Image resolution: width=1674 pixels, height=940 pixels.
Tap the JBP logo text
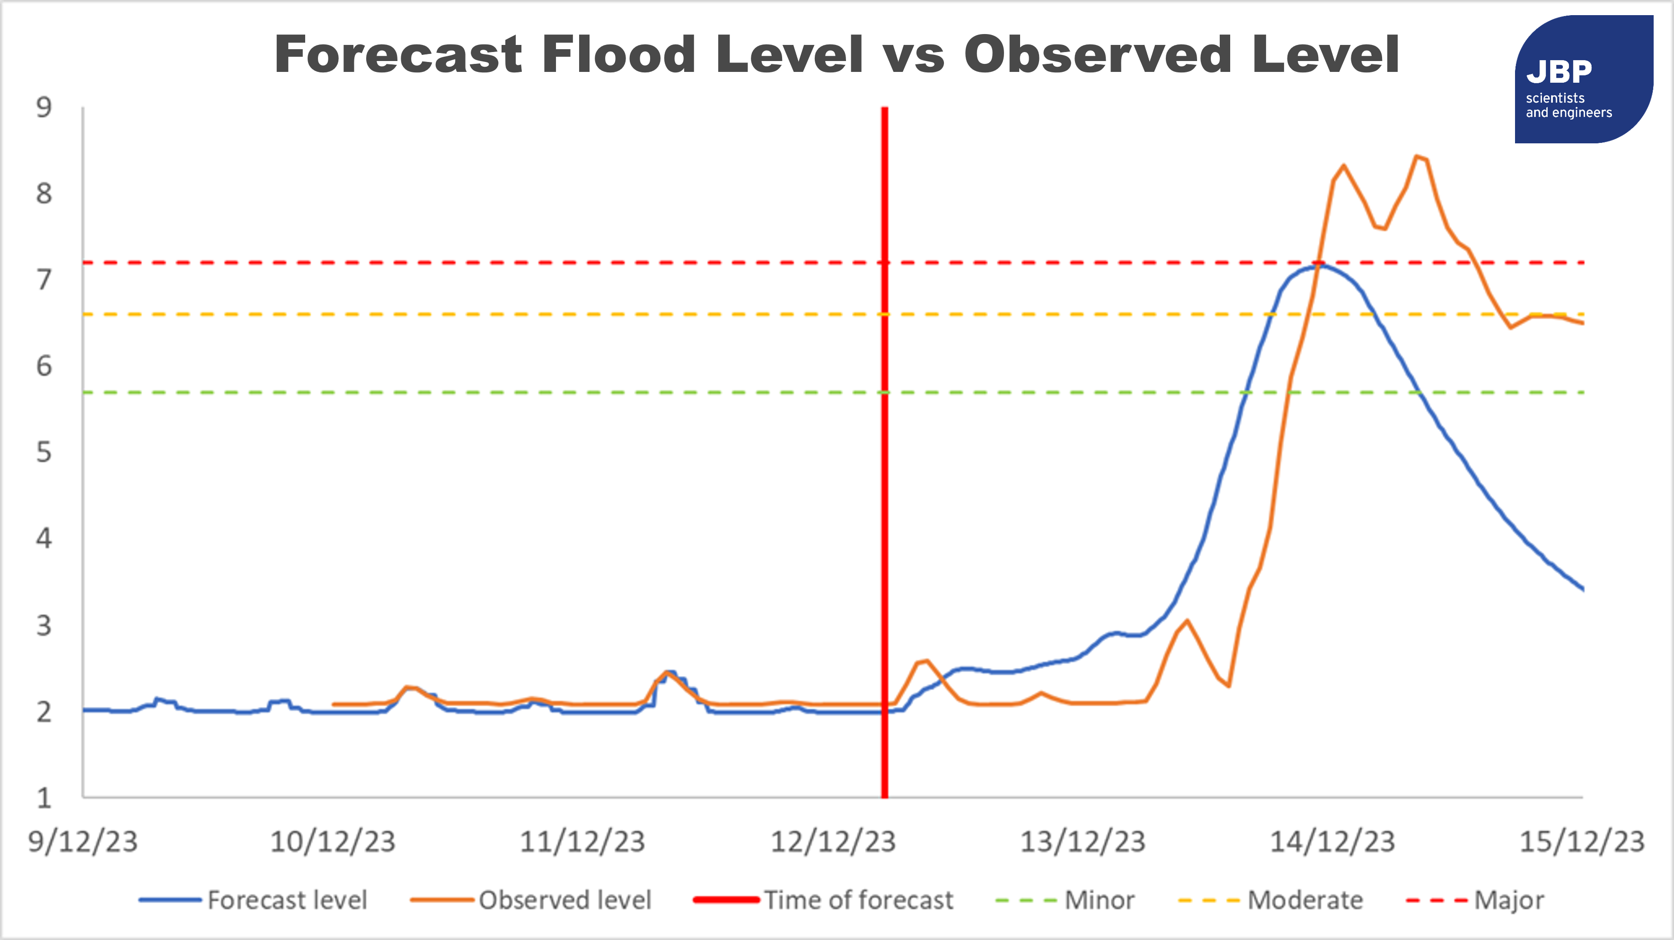point(1559,72)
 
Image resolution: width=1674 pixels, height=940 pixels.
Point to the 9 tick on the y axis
point(44,108)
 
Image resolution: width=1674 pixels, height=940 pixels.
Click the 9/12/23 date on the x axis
point(82,842)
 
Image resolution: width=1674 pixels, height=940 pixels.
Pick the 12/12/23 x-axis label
point(832,842)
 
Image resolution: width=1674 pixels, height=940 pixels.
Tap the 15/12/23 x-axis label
point(1581,842)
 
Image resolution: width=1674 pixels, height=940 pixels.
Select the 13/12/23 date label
point(1082,842)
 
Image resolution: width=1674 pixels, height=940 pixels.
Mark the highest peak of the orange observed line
point(1417,157)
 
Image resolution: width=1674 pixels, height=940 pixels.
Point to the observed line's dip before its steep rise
point(1228,685)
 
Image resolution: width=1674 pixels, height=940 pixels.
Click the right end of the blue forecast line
point(1582,589)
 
